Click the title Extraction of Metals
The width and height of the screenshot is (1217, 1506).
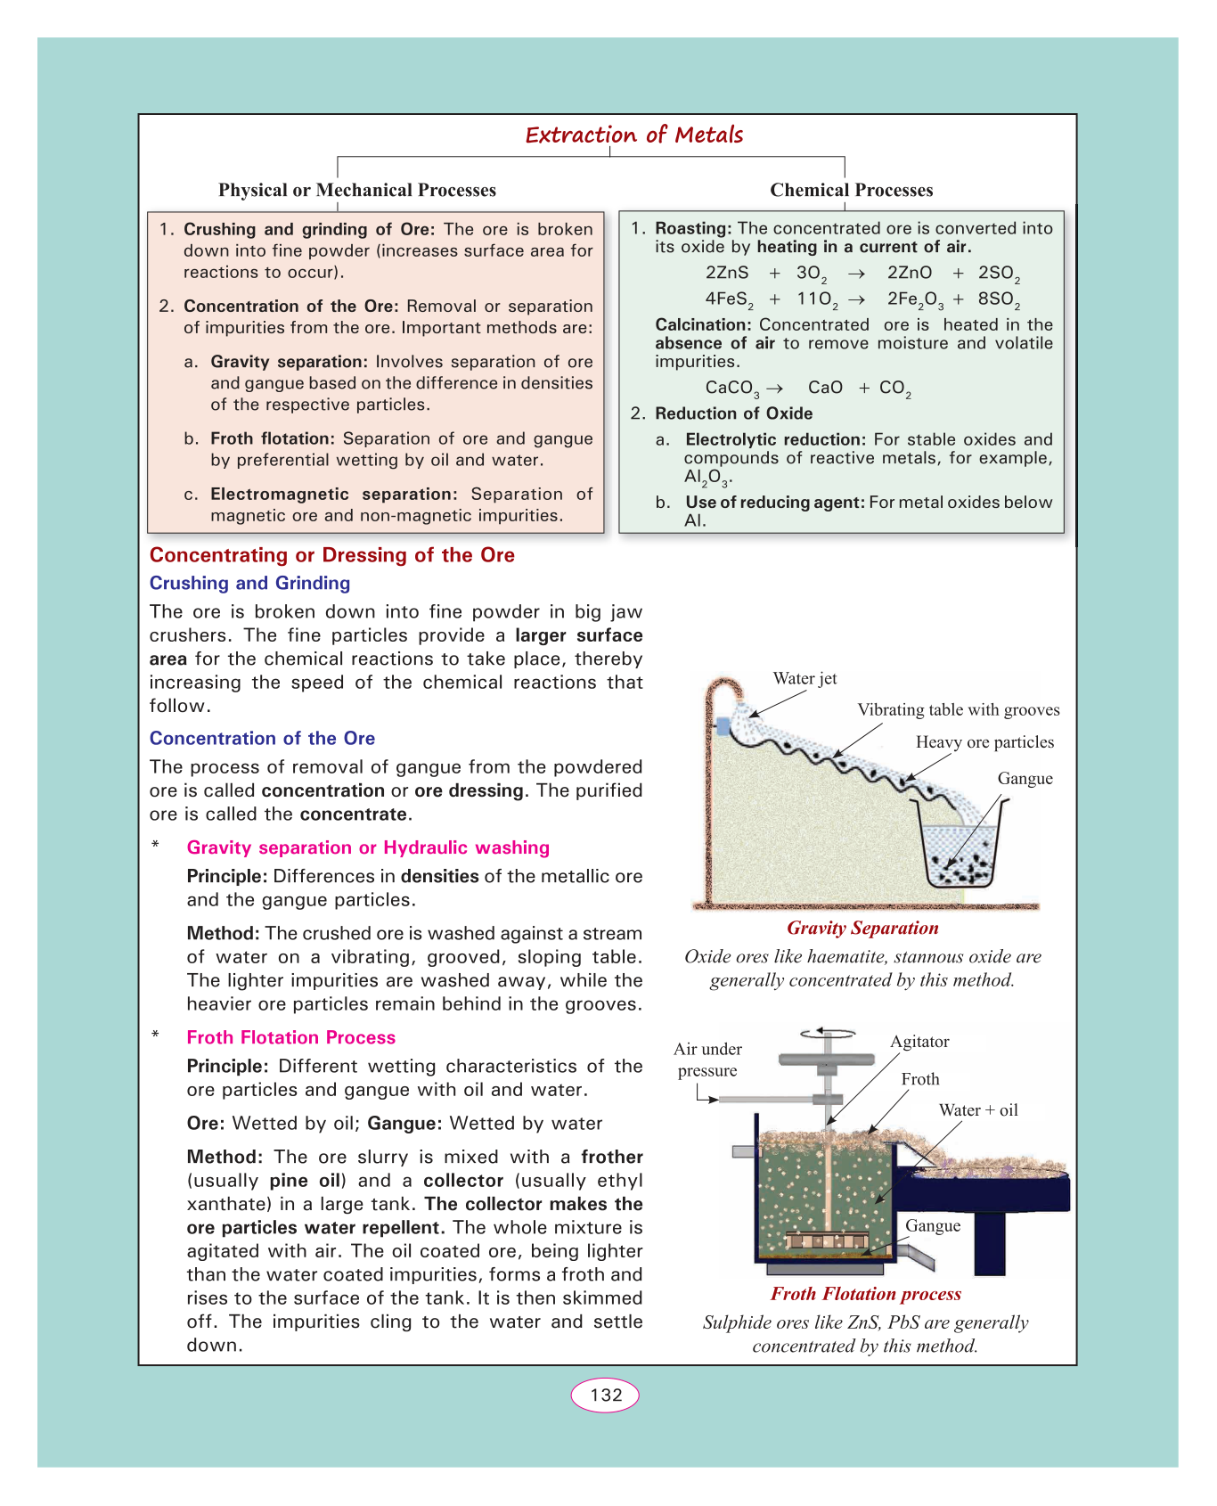[x=633, y=135]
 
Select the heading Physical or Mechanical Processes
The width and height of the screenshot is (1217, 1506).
[x=357, y=190]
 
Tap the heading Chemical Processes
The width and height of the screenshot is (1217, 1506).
[x=851, y=190]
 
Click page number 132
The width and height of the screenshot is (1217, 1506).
[x=606, y=1395]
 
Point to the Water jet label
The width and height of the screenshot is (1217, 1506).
[x=805, y=678]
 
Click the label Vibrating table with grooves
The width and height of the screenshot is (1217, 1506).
[x=958, y=709]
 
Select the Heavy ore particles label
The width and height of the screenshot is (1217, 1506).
[x=984, y=742]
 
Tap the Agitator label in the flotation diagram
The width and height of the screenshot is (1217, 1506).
[x=919, y=1042]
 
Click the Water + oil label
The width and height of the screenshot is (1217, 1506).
[x=977, y=1110]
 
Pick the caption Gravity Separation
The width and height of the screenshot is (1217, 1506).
[x=862, y=928]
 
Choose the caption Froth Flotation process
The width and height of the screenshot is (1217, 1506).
[x=866, y=1294]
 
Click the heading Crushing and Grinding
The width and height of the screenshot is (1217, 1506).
[x=249, y=583]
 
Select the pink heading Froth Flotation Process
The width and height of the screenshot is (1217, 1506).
[x=290, y=1037]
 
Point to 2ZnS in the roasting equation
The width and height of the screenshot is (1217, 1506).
[x=727, y=274]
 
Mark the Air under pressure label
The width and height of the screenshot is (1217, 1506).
[x=707, y=1060]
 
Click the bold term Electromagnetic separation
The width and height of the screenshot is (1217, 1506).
[x=333, y=494]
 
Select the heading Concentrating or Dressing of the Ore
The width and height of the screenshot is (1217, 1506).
[x=331, y=555]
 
